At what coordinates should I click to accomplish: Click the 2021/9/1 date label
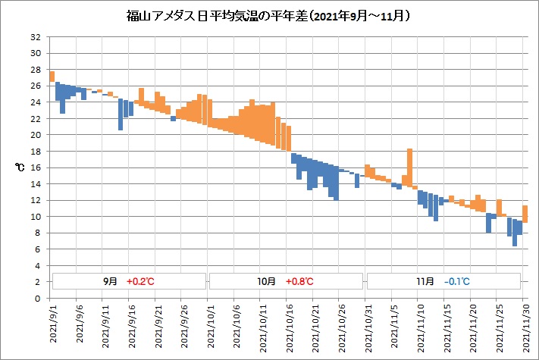[52, 327]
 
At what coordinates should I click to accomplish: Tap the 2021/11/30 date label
[525, 327]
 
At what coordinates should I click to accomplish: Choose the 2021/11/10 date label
[419, 327]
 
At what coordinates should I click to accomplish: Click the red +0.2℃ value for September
[140, 281]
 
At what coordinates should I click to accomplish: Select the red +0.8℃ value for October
[299, 281]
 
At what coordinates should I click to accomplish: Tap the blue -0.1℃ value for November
[457, 281]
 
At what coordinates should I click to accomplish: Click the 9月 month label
[111, 281]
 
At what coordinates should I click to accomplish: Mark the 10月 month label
[267, 281]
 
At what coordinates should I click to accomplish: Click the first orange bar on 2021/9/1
[52, 77]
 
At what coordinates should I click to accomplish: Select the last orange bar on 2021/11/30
[525, 214]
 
